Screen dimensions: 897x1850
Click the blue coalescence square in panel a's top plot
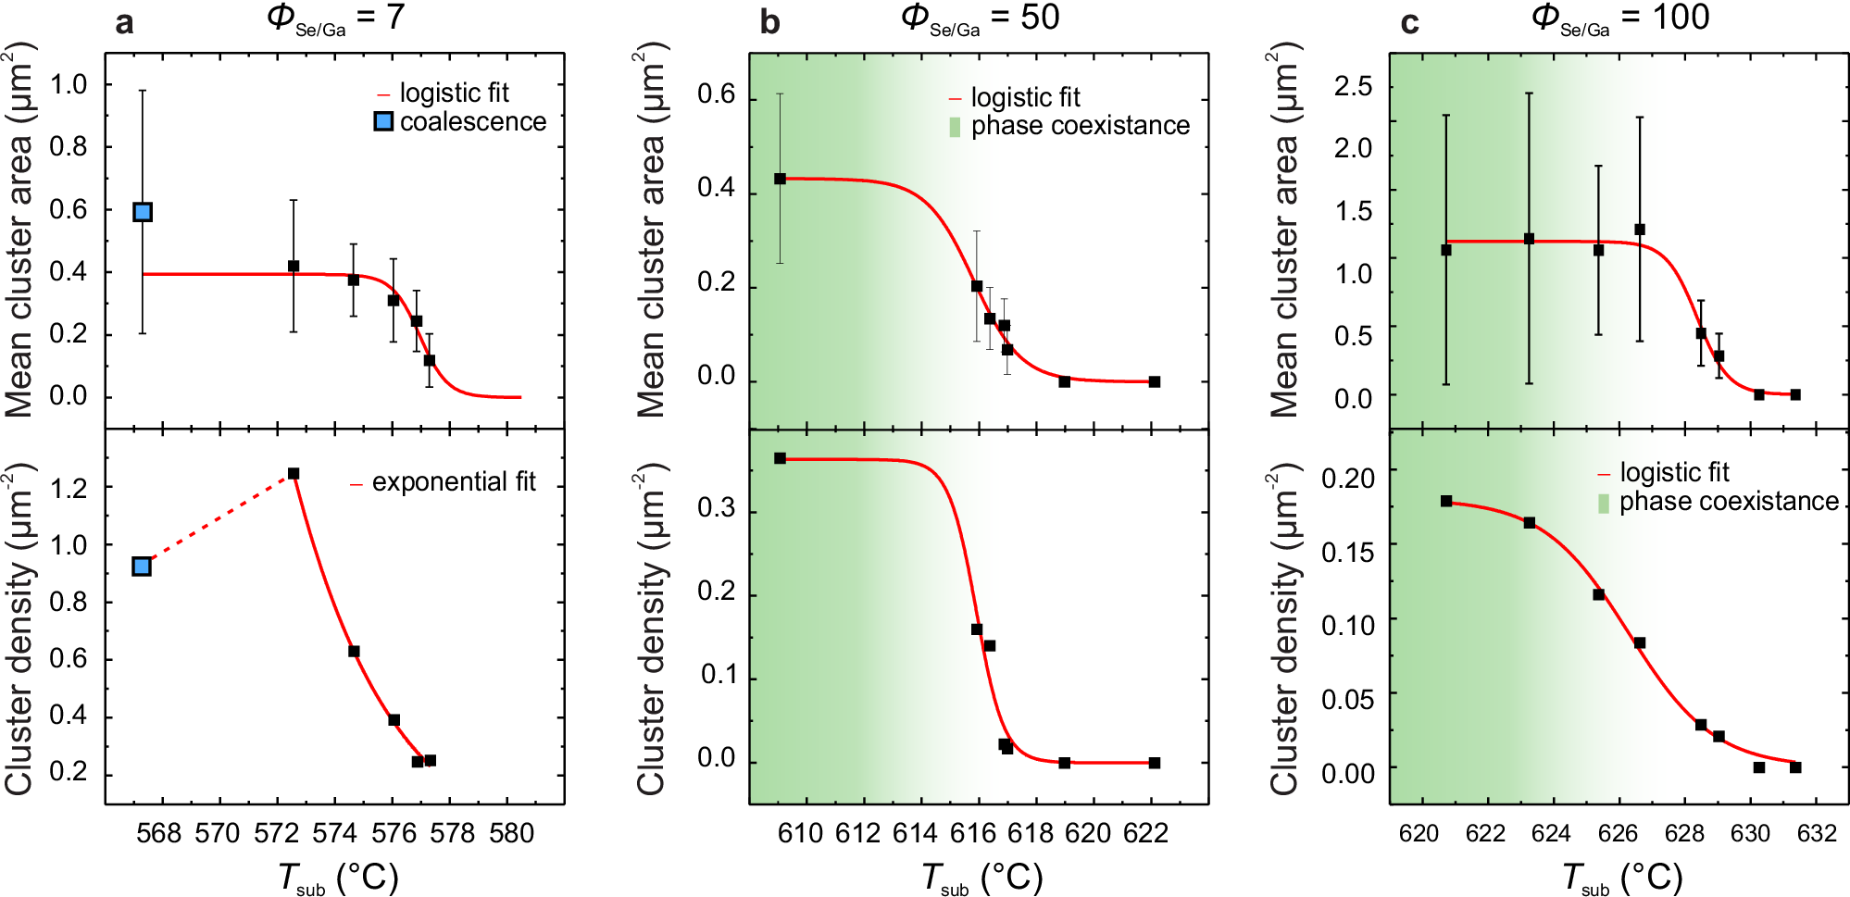(143, 212)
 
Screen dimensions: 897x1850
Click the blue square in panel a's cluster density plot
(142, 566)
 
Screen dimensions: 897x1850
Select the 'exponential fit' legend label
(454, 482)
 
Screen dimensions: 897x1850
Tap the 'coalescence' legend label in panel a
(473, 122)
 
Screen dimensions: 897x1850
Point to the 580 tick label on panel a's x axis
(512, 833)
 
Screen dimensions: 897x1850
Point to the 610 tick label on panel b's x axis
(800, 833)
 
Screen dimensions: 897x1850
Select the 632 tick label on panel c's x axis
(1816, 833)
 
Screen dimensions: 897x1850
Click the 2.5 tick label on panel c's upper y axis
(1353, 87)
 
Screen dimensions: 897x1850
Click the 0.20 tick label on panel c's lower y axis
(1348, 479)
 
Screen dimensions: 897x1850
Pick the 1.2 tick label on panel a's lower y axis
(69, 488)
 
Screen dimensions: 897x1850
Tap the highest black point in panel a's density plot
(294, 474)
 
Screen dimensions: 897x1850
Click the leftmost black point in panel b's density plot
(780, 458)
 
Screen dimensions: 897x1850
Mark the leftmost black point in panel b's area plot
(780, 179)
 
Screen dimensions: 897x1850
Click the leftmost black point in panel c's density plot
(1446, 501)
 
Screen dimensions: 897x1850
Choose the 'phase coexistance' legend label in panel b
(1080, 126)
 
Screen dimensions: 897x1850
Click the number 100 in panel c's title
(1681, 18)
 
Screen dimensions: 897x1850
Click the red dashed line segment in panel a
(219, 519)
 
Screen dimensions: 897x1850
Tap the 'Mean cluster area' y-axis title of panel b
(651, 231)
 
